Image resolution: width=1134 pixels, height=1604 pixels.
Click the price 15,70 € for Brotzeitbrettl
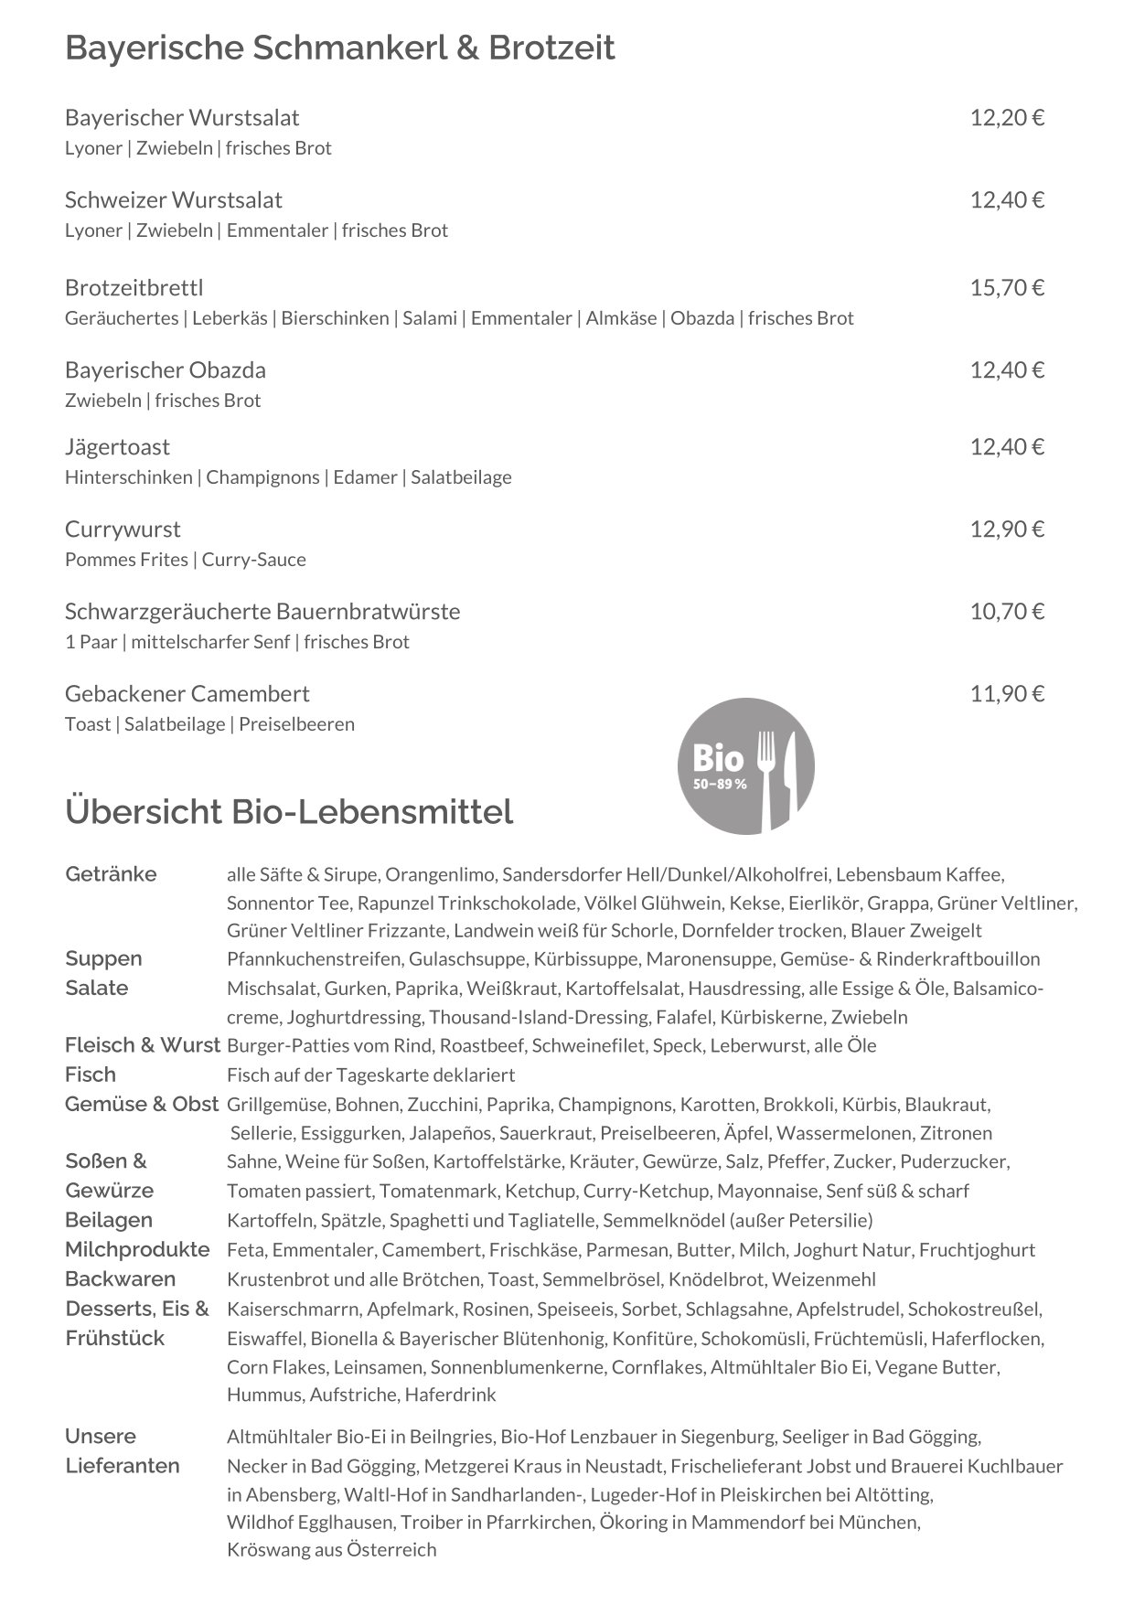click(1007, 288)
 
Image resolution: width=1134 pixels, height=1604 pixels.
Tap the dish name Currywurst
click(123, 529)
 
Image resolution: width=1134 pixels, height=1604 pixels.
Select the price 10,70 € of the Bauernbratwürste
click(1007, 612)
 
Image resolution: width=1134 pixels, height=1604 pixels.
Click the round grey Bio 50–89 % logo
click(745, 765)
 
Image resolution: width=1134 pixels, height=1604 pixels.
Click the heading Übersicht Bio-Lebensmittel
click(289, 811)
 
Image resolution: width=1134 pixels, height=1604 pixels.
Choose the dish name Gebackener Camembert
click(187, 694)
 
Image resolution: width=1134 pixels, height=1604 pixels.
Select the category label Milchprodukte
click(137, 1249)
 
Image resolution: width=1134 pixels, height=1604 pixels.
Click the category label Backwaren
click(120, 1278)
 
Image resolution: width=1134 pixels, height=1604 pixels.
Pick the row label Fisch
click(91, 1075)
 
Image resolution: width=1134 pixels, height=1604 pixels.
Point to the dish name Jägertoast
click(117, 447)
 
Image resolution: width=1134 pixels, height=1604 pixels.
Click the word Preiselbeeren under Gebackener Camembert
click(296, 724)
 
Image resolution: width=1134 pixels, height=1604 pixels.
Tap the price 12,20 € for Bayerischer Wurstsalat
click(1007, 118)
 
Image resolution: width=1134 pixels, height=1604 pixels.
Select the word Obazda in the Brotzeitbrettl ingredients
click(702, 318)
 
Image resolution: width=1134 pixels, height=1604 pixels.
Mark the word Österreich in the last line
click(391, 1549)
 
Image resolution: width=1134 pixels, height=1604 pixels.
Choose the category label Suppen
click(103, 958)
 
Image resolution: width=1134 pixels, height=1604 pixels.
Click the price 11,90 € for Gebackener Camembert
click(1007, 694)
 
